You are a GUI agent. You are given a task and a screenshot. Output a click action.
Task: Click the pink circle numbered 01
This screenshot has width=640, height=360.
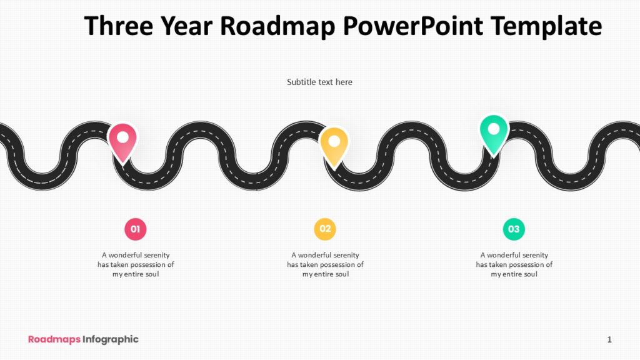(135, 229)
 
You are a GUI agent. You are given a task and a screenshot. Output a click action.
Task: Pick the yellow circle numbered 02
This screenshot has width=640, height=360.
(325, 229)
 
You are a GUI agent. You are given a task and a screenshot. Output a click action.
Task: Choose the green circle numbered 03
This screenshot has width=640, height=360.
(514, 229)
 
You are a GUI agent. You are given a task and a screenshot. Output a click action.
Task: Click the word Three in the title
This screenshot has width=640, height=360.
(119, 26)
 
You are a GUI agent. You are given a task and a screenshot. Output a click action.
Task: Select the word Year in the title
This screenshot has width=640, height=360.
(188, 26)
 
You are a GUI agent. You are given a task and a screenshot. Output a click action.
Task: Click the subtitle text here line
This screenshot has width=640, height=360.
(319, 82)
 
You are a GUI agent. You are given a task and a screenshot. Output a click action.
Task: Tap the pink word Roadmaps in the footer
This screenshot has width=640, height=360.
(54, 339)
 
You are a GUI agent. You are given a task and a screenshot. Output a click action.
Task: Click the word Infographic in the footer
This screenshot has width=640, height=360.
(111, 339)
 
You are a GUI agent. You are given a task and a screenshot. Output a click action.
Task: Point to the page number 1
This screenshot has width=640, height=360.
(609, 339)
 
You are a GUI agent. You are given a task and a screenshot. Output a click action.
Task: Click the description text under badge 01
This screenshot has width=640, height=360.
(136, 264)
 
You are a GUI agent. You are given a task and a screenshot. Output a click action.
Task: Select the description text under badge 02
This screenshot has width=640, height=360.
(325, 264)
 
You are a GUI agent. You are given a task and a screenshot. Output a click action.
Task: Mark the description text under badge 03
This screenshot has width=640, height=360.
(514, 264)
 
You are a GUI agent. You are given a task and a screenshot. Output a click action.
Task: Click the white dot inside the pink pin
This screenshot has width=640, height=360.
(123, 137)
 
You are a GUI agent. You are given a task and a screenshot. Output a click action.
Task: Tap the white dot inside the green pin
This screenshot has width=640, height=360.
(494, 129)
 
